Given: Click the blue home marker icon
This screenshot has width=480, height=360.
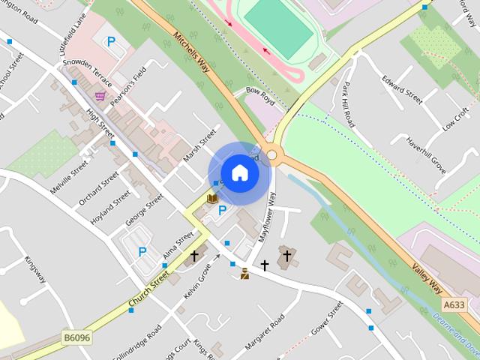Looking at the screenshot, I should click(239, 173).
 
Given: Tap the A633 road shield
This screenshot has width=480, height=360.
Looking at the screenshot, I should click(454, 305).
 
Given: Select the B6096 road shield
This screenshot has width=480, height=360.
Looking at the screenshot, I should click(76, 338).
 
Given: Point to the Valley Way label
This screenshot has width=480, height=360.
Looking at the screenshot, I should click(427, 277).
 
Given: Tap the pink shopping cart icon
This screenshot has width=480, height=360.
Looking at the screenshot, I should click(100, 95).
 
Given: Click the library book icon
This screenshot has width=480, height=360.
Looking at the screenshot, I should click(212, 198).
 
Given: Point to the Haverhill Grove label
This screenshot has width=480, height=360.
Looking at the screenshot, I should click(426, 155).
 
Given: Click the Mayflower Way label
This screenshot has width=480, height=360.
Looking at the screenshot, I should click(268, 216).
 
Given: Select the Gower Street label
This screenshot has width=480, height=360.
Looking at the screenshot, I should click(327, 316).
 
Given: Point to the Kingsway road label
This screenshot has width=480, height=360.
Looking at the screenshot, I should click(35, 269).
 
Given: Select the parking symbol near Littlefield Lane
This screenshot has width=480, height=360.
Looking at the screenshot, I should click(111, 42).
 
